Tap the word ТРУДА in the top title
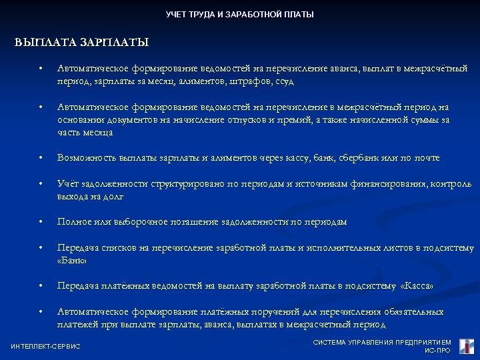(x=201, y=14)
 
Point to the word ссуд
(x=283, y=81)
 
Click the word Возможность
(x=87, y=158)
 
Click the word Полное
(x=73, y=221)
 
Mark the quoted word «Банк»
(x=73, y=261)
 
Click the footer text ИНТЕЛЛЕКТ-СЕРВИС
(x=45, y=346)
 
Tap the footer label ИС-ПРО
(x=437, y=350)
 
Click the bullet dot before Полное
(x=41, y=222)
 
